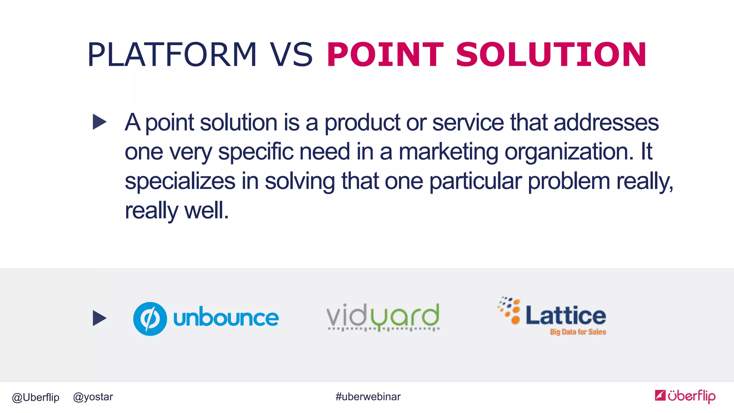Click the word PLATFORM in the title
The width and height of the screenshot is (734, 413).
tap(172, 54)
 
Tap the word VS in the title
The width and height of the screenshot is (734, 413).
tap(291, 54)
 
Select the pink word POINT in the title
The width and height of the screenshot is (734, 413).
tap(385, 54)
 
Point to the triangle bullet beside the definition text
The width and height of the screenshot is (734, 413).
tap(99, 122)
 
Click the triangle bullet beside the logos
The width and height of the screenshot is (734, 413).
tap(99, 318)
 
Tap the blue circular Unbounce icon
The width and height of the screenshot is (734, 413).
tap(150, 319)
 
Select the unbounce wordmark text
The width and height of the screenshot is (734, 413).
tap(226, 318)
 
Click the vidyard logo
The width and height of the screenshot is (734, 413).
tap(383, 317)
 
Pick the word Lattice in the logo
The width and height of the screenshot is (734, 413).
tap(566, 315)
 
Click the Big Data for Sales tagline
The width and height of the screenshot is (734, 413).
tap(578, 332)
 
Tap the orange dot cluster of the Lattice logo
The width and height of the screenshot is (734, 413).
tap(510, 310)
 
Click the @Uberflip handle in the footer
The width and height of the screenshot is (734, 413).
tap(35, 397)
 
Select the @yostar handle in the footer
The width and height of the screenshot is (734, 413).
tap(93, 397)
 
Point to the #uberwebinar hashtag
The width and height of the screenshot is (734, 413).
tap(368, 397)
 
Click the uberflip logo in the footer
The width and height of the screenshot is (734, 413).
tap(685, 396)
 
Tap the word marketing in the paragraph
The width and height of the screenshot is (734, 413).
tap(448, 152)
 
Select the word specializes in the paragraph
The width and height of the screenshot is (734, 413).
tap(180, 181)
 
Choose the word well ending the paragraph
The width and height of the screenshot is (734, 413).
tap(206, 210)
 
